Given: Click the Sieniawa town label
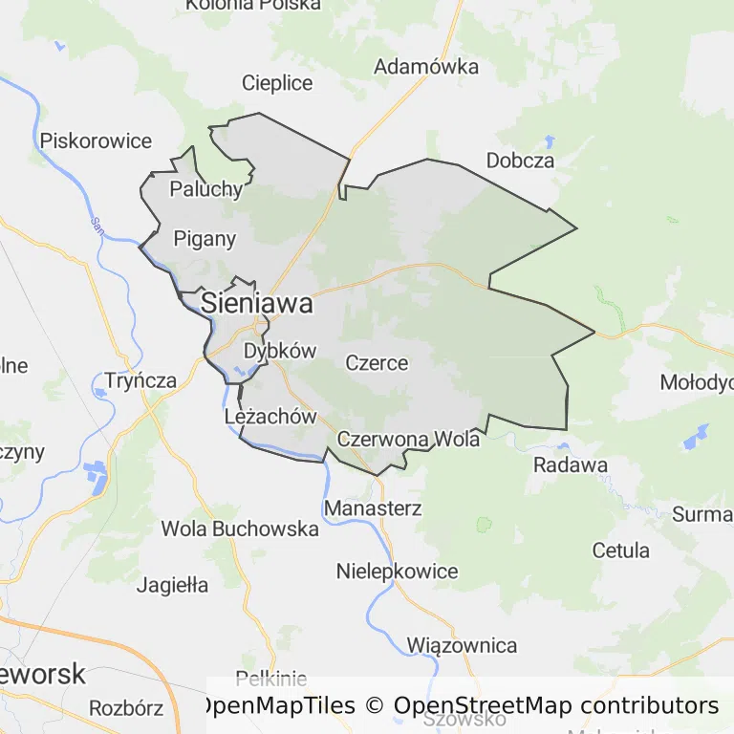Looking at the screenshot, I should [x=257, y=304].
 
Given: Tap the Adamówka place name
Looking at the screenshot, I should [x=426, y=67].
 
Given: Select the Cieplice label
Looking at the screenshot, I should [x=277, y=83].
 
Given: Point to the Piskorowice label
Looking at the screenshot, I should [x=96, y=141].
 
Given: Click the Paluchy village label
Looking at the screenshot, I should [x=206, y=188].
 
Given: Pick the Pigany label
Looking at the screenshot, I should [x=205, y=239].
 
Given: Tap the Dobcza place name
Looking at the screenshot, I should [x=520, y=161].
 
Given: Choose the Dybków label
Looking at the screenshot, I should [x=279, y=351].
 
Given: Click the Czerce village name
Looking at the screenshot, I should [x=377, y=363].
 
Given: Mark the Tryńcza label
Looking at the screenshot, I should [x=141, y=380].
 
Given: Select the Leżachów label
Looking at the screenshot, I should [x=270, y=417].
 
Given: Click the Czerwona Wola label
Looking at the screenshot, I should [x=408, y=440].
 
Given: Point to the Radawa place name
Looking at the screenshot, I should [x=571, y=465].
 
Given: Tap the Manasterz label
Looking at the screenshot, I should [x=373, y=508].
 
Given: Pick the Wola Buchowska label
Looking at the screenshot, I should [x=240, y=529].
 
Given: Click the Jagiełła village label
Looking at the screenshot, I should [x=172, y=585].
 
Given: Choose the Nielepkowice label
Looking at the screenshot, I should [x=397, y=572].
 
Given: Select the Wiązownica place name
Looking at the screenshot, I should [x=462, y=646].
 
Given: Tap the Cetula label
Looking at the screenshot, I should [x=621, y=550].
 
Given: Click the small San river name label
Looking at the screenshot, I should [x=97, y=225].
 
